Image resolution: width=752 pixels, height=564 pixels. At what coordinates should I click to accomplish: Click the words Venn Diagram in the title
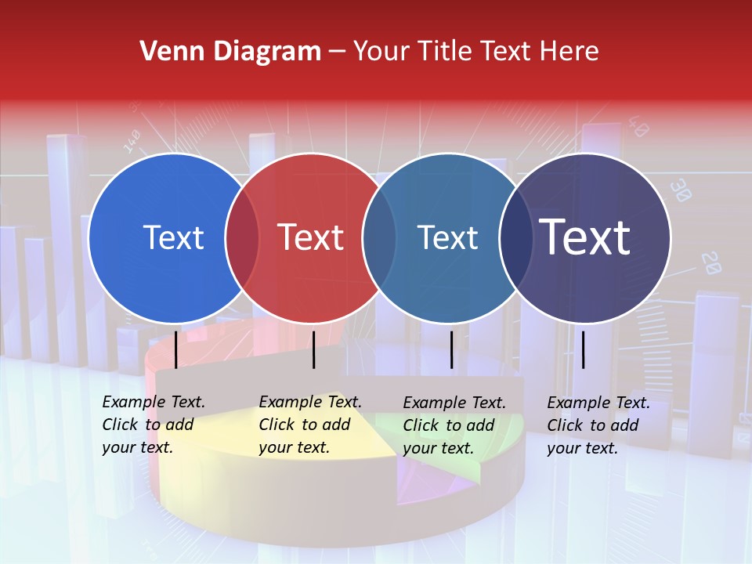230,52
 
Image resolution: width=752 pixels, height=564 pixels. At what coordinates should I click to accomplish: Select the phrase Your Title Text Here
475,52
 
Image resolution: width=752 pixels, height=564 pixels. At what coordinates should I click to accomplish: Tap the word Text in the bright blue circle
173,238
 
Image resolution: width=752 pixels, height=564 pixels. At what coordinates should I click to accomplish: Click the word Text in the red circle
311,238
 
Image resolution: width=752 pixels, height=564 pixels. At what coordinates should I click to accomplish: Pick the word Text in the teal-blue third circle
447,238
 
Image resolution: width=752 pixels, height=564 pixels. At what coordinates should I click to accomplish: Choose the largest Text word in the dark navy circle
585,238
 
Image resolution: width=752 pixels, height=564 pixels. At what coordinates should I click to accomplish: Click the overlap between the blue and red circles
242,238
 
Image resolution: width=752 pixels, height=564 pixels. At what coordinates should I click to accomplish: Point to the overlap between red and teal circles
379,238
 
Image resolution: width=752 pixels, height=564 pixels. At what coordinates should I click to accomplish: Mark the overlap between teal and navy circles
515,238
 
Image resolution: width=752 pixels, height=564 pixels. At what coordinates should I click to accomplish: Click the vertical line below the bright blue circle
176,349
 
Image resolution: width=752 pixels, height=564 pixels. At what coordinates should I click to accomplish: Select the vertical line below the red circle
313,349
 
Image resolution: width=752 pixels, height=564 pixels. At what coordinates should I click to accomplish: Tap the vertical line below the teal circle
452,349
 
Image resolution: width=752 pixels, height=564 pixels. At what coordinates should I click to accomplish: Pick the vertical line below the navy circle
583,349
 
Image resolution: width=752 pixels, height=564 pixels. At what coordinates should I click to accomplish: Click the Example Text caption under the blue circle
154,425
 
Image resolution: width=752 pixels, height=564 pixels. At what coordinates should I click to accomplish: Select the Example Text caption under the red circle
310,425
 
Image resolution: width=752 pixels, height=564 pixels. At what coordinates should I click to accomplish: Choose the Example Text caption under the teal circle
454,425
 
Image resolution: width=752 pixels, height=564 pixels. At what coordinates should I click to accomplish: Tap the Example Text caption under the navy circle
598,425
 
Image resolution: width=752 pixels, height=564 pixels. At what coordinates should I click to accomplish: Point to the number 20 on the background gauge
710,263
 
